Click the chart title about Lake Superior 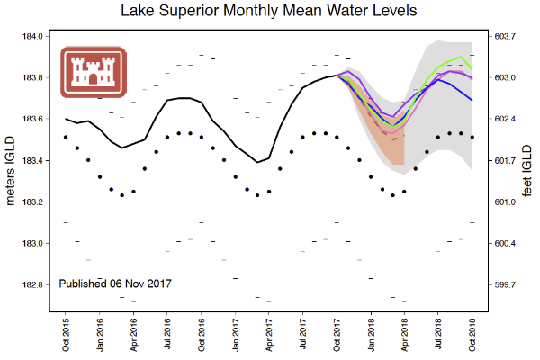(x=270, y=12)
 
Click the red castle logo (x=94, y=71)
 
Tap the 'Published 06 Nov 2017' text (x=115, y=283)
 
